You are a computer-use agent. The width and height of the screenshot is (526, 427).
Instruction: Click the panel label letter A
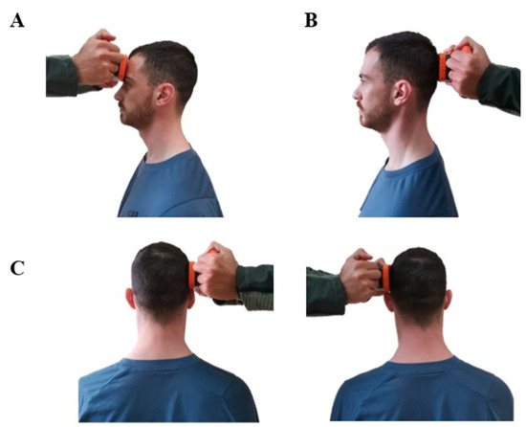coord(17,21)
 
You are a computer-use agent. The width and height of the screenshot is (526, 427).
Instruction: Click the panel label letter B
coord(311,21)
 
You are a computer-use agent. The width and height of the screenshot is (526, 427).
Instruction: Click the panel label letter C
coord(17,268)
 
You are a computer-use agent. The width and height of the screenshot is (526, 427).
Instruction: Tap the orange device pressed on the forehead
coord(122,68)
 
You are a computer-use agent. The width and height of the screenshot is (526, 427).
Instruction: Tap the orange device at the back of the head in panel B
coord(444,67)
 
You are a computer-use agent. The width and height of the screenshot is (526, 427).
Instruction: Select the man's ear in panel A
coord(165,95)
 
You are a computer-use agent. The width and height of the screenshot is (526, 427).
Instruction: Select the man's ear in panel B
coord(403,93)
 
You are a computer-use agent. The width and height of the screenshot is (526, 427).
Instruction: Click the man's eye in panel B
coord(365,81)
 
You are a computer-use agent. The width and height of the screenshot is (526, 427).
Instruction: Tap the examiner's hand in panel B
coord(467,67)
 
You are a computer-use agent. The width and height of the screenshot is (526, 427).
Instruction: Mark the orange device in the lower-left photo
coord(192,276)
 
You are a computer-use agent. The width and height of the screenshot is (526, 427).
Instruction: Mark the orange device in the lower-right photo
coord(385,278)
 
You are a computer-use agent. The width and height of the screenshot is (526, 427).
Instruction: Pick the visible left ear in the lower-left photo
coord(130,298)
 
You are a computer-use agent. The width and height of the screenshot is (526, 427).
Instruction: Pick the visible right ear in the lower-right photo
coord(448,301)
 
